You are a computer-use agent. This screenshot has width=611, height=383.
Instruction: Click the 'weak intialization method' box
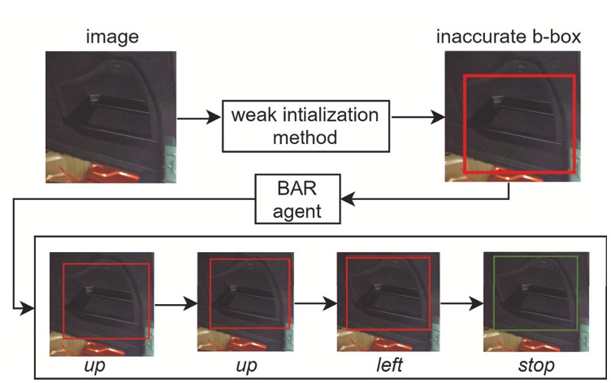pos(304,126)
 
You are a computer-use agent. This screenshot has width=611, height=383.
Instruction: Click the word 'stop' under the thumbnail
pos(535,365)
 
